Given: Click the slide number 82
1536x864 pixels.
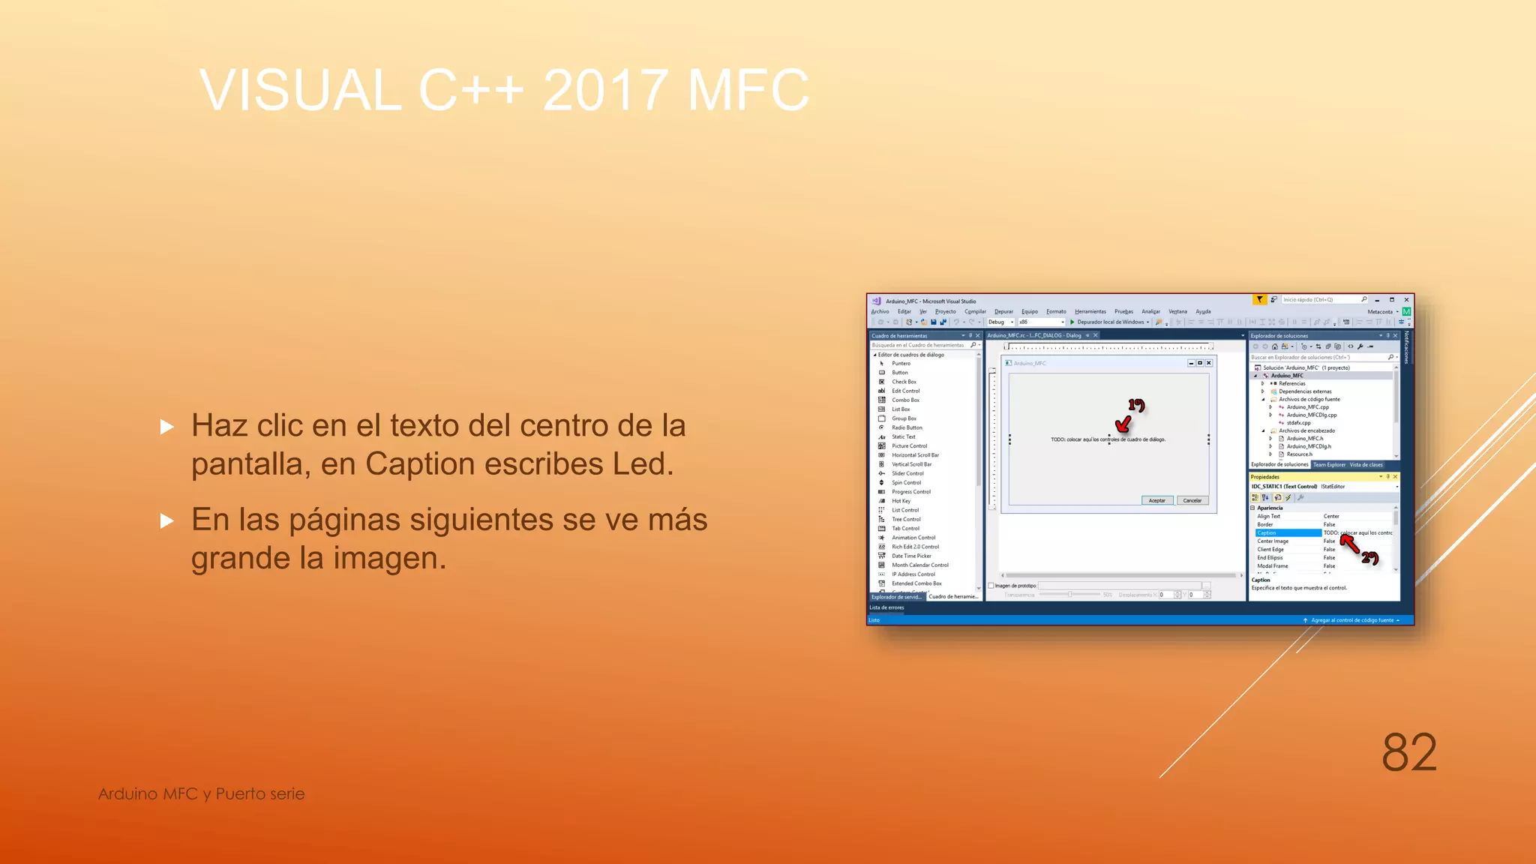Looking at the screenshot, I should click(1408, 752).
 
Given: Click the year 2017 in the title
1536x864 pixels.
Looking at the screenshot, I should click(604, 90).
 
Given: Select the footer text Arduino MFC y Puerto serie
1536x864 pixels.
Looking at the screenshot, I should click(201, 793).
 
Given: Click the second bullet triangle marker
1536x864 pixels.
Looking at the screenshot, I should click(167, 520).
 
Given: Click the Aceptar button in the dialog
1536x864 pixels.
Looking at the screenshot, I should click(1156, 500).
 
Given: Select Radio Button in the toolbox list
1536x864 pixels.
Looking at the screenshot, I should click(906, 427).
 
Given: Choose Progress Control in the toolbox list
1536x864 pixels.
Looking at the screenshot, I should click(910, 492).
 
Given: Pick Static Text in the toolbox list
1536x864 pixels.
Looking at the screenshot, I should click(903, 436).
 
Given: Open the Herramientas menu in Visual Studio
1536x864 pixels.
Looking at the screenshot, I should click(1090, 311).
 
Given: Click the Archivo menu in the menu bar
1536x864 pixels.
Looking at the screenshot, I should click(880, 311).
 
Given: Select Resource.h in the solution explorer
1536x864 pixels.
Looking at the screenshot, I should click(1299, 454).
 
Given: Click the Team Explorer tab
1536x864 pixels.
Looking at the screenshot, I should click(1329, 465).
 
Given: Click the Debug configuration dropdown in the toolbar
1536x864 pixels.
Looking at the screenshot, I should click(1000, 322).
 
